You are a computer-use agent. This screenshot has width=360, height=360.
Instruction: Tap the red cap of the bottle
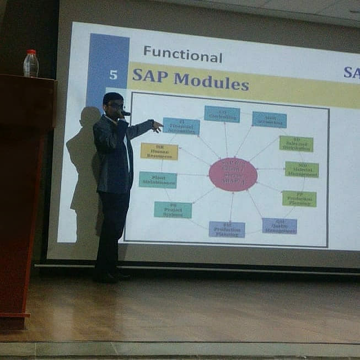pyautogui.click(x=31, y=52)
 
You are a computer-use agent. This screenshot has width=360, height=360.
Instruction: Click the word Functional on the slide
pyautogui.click(x=182, y=55)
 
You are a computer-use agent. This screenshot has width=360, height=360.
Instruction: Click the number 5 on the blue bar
pyautogui.click(x=114, y=75)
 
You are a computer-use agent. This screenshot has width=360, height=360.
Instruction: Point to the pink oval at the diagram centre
pyautogui.click(x=233, y=174)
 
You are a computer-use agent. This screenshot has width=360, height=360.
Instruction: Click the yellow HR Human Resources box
pyautogui.click(x=159, y=151)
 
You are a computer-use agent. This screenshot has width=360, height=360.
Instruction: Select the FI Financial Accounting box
pyautogui.click(x=181, y=126)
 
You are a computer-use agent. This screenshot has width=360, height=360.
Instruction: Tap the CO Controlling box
pyautogui.click(x=222, y=114)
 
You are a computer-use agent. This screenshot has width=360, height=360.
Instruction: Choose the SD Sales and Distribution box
pyautogui.click(x=296, y=144)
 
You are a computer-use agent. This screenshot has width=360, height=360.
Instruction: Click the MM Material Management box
pyautogui.click(x=302, y=169)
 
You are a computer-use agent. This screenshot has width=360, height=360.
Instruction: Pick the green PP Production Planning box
pyautogui.click(x=299, y=198)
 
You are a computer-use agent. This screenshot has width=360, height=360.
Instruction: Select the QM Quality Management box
pyautogui.click(x=279, y=225)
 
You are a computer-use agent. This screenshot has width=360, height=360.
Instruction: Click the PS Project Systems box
pyautogui.click(x=173, y=209)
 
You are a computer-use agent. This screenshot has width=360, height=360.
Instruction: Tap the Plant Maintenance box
pyautogui.click(x=158, y=180)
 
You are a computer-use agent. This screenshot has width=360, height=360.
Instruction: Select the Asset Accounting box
pyautogui.click(x=269, y=120)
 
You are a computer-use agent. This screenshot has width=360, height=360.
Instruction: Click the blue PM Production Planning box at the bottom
pyautogui.click(x=227, y=229)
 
